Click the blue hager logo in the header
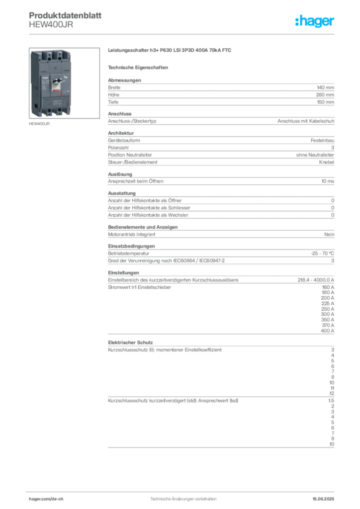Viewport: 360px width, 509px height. [x=316, y=21]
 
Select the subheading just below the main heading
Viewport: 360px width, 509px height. [x=139, y=67]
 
